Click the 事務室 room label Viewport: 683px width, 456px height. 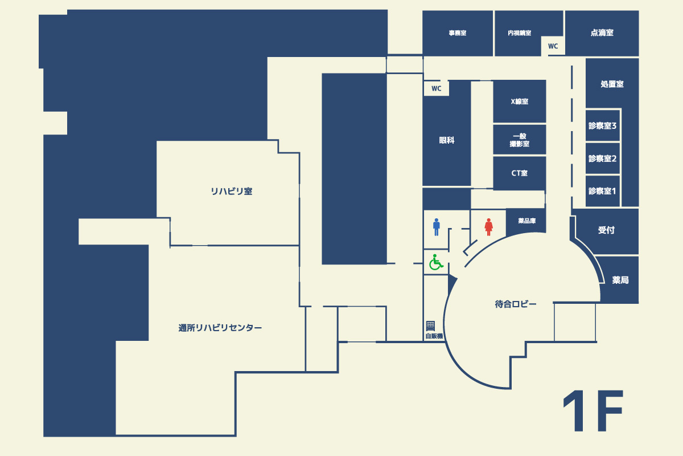click(x=458, y=33)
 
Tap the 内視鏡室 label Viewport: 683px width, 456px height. click(x=520, y=33)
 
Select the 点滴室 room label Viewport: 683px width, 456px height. click(x=602, y=32)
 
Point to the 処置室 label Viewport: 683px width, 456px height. click(x=612, y=84)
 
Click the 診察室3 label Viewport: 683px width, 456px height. click(x=602, y=126)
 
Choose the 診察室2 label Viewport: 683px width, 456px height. click(x=602, y=158)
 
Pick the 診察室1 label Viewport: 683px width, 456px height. click(x=602, y=191)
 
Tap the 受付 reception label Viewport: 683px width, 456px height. click(x=606, y=230)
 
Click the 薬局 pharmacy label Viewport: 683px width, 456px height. click(x=620, y=280)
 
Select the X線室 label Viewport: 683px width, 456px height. click(x=520, y=101)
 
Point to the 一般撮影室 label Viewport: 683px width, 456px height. click(x=520, y=140)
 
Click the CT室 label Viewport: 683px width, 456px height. click(x=520, y=173)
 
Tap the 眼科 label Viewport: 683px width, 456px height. click(x=447, y=140)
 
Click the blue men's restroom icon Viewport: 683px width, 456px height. click(x=437, y=227)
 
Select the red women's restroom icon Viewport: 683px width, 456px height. click(x=489, y=227)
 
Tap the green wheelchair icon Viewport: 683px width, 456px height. click(x=436, y=262)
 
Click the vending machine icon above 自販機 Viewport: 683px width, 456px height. click(x=430, y=326)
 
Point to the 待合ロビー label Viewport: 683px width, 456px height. click(x=515, y=304)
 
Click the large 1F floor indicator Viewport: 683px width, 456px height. click(x=593, y=411)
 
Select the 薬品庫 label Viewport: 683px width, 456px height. click(x=527, y=221)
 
